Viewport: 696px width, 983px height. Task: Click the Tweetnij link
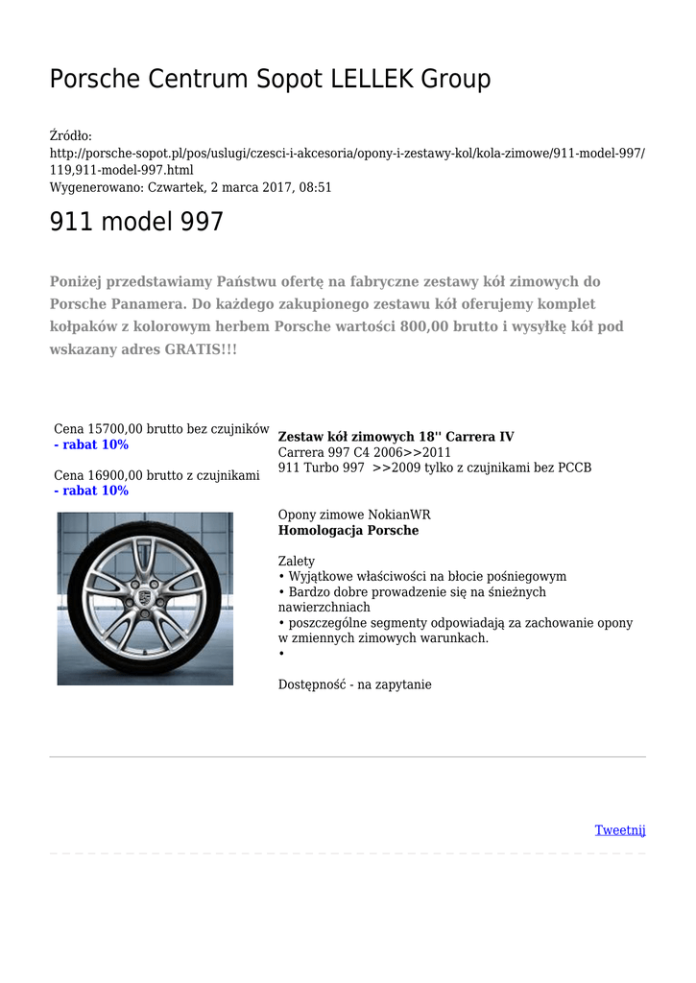pos(619,829)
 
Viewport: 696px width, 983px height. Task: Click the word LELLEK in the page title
pos(372,80)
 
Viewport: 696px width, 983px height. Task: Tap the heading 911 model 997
pos(136,223)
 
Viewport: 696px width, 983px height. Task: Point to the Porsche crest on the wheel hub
pos(143,597)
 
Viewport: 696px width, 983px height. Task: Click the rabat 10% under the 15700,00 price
pos(91,445)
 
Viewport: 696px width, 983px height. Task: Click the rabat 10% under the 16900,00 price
pos(91,491)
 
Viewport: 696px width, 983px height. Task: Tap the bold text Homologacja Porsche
pos(348,530)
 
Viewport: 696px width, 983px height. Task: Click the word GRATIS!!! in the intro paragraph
pos(201,349)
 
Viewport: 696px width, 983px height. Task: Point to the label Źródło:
pos(70,137)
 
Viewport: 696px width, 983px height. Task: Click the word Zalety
pos(296,561)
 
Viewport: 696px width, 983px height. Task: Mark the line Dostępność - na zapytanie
pos(354,684)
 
